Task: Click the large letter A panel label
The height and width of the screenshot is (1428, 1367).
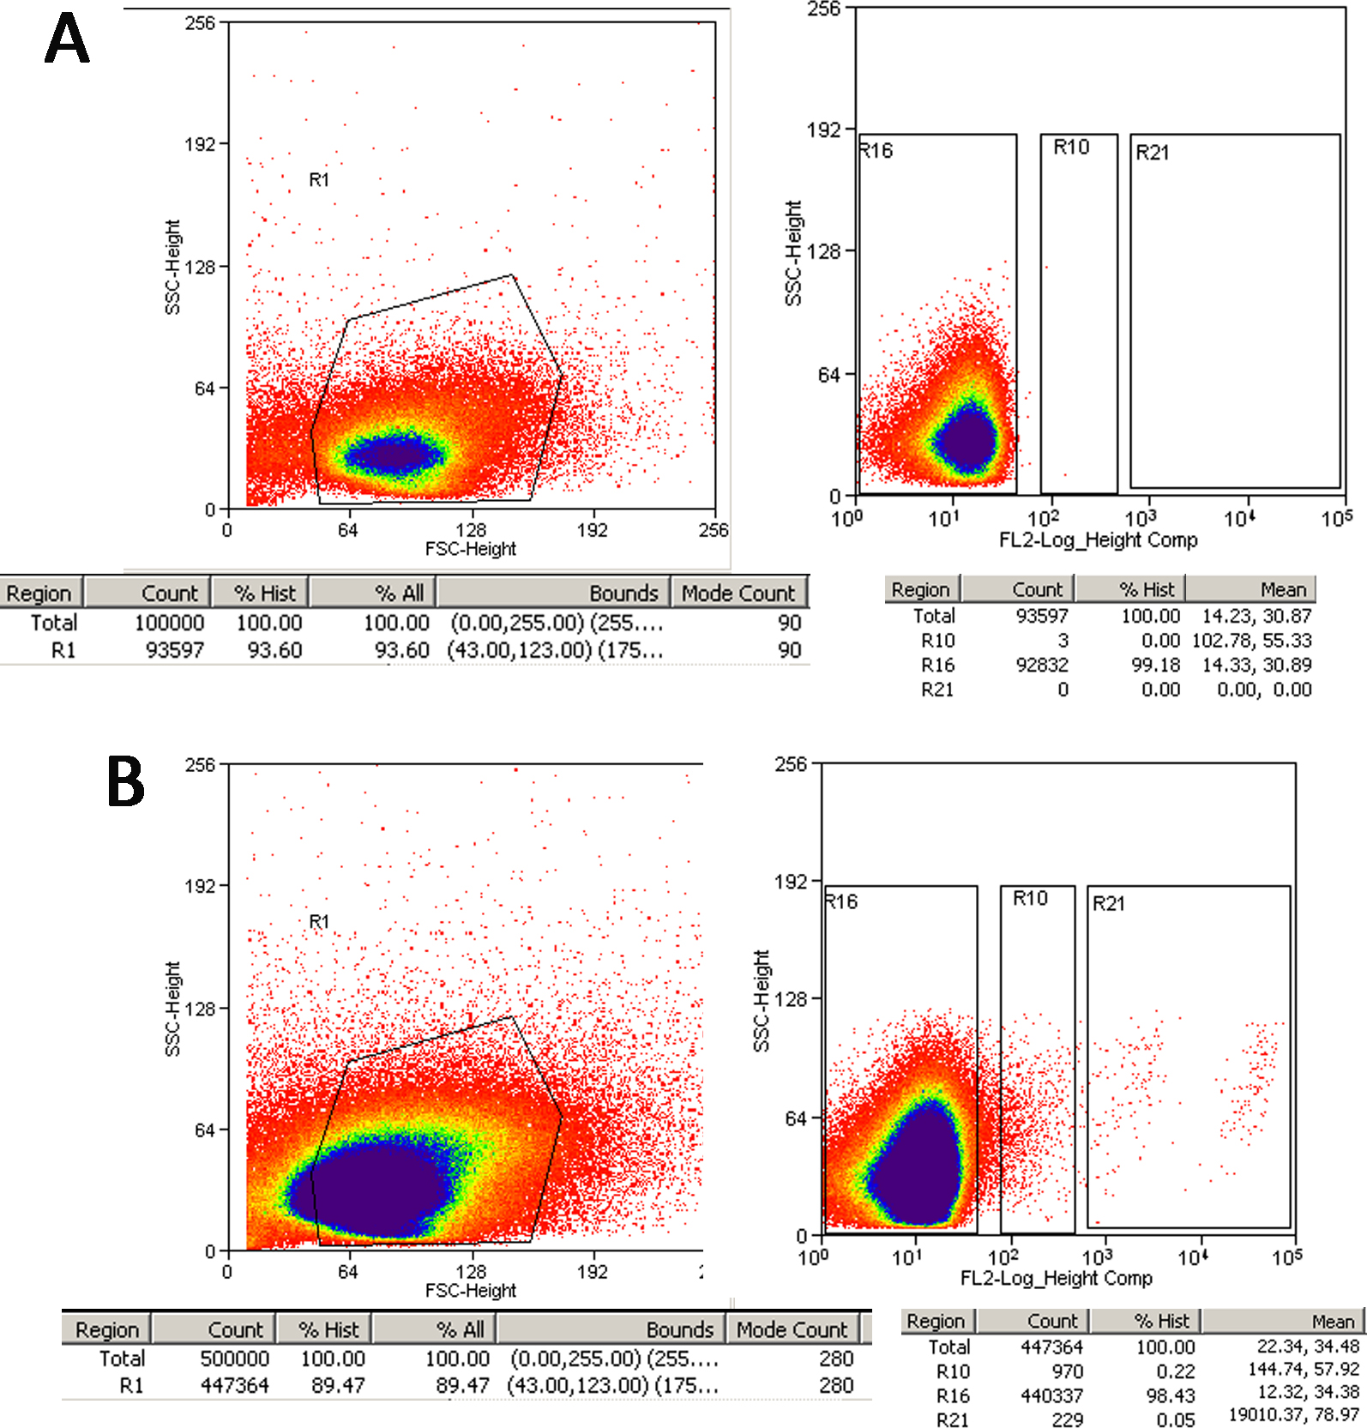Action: point(67,39)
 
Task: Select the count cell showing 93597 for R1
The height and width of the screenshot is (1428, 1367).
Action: point(174,651)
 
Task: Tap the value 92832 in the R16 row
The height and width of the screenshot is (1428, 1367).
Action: point(1042,665)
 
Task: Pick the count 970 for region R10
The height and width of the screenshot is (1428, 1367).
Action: point(1067,1371)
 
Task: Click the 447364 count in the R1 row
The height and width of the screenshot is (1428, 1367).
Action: point(234,1385)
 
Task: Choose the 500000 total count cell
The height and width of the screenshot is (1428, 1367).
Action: point(234,1359)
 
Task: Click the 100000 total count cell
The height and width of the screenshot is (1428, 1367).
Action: point(169,623)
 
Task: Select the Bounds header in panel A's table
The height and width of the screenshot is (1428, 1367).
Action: point(623,593)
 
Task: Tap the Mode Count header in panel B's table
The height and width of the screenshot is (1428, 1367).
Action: point(791,1329)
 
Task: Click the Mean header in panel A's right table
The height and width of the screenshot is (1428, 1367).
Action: point(1283,590)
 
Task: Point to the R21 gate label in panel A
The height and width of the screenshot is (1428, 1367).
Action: point(1152,153)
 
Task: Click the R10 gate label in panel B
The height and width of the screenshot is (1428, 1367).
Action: point(1030,898)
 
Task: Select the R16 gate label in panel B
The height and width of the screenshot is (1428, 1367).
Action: point(841,901)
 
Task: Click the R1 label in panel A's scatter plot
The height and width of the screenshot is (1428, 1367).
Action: point(319,179)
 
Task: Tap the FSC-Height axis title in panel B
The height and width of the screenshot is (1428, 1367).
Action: point(471,1290)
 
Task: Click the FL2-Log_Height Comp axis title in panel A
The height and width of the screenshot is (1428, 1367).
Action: point(1098,540)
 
